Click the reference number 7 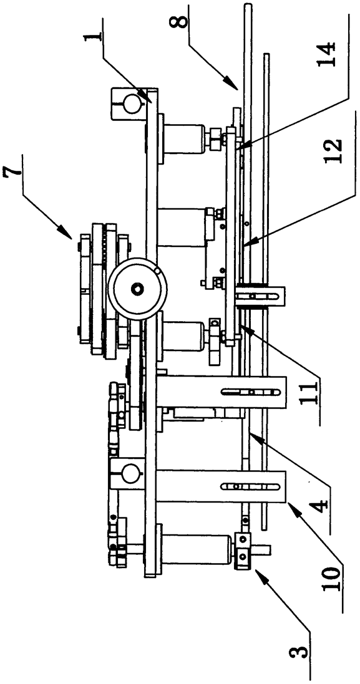coord(12,172)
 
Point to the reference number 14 coord(327,54)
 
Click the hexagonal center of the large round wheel coord(138,287)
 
